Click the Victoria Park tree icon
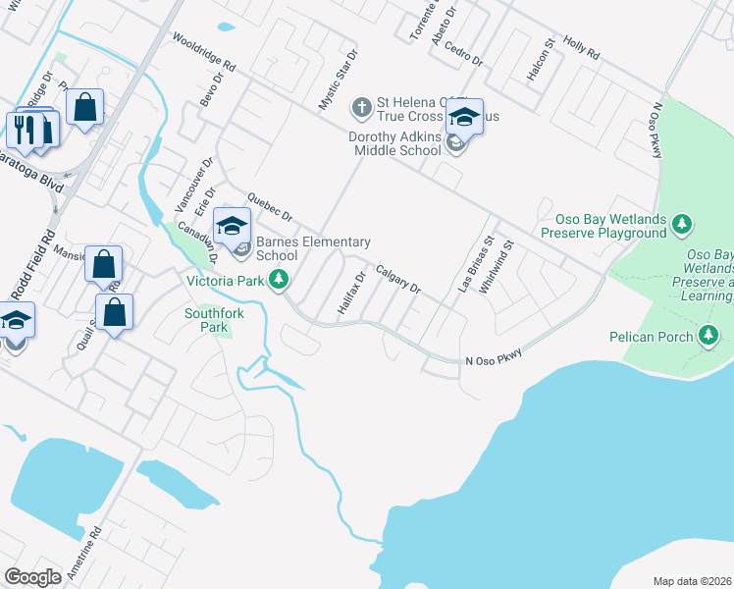[280, 280]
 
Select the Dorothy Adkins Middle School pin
[464, 120]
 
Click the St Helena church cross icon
[361, 106]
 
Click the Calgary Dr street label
[397, 280]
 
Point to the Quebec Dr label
[271, 206]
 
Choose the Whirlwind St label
[497, 266]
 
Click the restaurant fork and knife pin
[25, 129]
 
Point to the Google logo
[33, 577]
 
